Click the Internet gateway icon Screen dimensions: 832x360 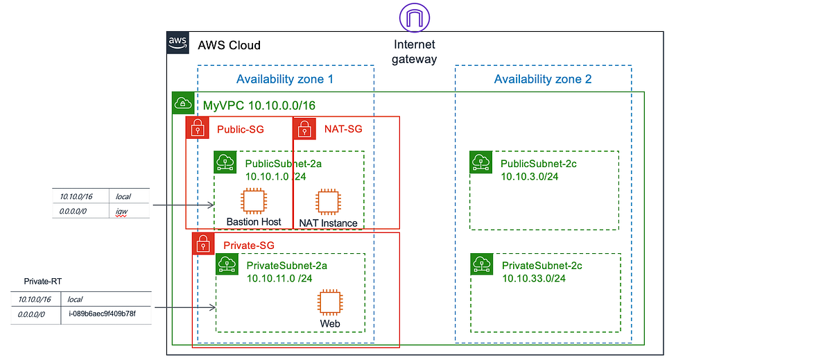pos(415,17)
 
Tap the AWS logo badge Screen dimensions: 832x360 pos(178,43)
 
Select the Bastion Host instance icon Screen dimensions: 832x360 pos(254,201)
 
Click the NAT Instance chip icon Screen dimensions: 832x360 pos(329,202)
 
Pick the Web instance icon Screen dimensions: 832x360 pos(330,302)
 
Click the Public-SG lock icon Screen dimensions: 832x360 pos(198,128)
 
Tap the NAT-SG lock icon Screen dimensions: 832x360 pos(304,128)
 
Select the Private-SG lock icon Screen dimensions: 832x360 pos(203,243)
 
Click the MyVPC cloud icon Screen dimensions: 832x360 pos(183,103)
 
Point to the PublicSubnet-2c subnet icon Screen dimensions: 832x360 pos(481,162)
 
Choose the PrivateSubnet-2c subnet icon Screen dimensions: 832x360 pos(482,264)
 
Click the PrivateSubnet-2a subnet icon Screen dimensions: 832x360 pos(227,264)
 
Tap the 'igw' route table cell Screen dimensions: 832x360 pos(121,212)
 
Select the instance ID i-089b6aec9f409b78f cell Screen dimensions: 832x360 pos(102,314)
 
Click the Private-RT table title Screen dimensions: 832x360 pos(43,281)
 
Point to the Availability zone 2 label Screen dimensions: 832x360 pos(543,79)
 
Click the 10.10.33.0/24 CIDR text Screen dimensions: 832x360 pos(534,278)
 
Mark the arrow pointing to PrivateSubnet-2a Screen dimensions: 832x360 pos(185,307)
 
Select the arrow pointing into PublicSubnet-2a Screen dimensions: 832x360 pos(184,205)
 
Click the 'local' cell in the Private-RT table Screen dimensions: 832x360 pos(75,299)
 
